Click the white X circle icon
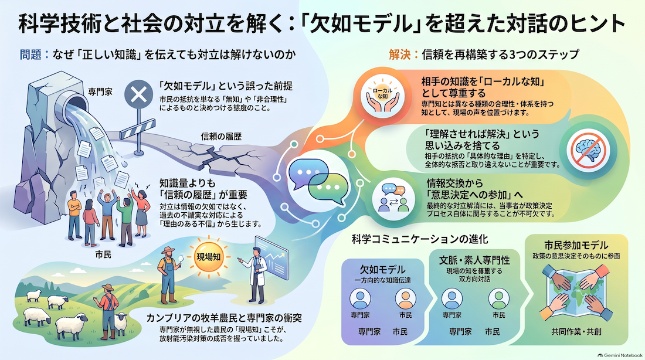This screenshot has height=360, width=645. pyautogui.click(x=138, y=94)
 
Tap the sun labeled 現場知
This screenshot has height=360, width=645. pyautogui.click(x=209, y=257)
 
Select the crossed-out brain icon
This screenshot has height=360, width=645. pyautogui.click(x=588, y=150)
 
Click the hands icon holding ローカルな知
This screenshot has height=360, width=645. pyautogui.click(x=382, y=97)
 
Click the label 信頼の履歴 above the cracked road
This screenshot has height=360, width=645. pyautogui.click(x=221, y=137)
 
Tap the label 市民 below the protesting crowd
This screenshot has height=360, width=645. pyautogui.click(x=103, y=254)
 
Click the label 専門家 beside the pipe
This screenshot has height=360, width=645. pyautogui.click(x=100, y=91)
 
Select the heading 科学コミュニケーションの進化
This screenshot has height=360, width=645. pyautogui.click(x=420, y=239)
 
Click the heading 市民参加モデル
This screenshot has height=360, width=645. pyautogui.click(x=576, y=245)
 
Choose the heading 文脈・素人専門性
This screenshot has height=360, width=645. pyautogui.click(x=474, y=260)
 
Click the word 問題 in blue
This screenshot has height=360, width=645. pyautogui.click(x=30, y=55)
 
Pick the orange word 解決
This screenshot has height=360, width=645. pyautogui.click(x=399, y=55)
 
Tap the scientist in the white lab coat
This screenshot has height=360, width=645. pyautogui.click(x=256, y=274)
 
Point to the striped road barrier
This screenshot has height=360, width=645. pyautogui.click(x=137, y=129)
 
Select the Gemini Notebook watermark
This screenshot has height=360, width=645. pyautogui.click(x=620, y=355)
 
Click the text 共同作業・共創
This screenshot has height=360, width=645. pyautogui.click(x=576, y=332)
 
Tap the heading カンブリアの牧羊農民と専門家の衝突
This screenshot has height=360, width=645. pyautogui.click(x=224, y=318)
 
